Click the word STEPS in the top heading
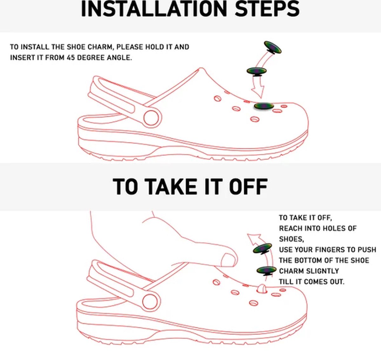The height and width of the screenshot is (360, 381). click(x=267, y=9)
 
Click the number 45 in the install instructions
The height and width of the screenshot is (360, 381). click(x=71, y=57)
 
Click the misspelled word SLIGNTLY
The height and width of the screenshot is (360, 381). click(x=322, y=271)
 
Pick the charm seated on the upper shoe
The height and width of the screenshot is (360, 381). click(x=264, y=106)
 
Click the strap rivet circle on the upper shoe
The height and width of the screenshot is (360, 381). click(x=151, y=117)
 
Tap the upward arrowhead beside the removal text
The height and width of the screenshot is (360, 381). click(x=254, y=239)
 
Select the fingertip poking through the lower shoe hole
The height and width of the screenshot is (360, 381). click(x=262, y=288)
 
